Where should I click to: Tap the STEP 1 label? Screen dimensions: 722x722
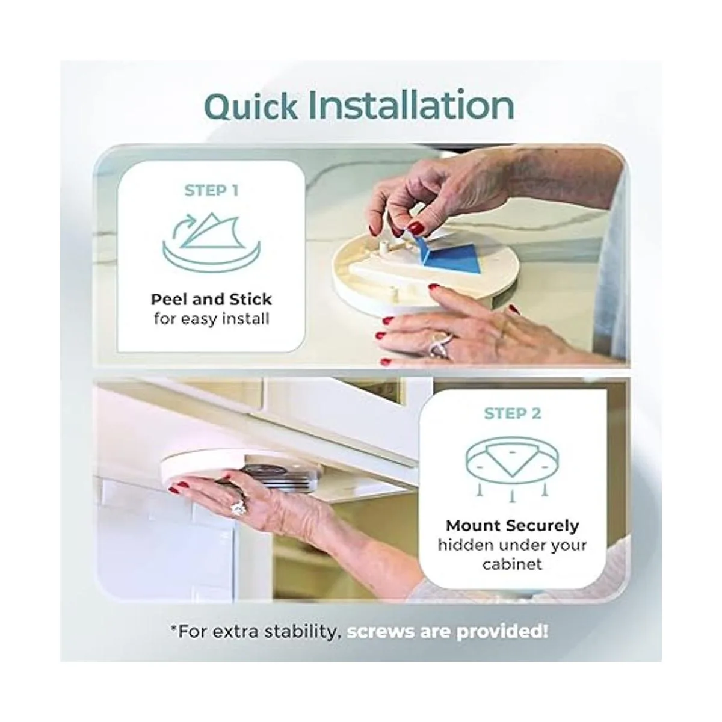pyautogui.click(x=211, y=191)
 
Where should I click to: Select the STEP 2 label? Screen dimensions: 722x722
pyautogui.click(x=513, y=413)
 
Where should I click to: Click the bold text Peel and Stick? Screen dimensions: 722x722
pyautogui.click(x=211, y=300)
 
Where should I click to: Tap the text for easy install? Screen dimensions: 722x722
pyautogui.click(x=211, y=319)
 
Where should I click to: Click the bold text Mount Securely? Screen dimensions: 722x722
pyautogui.click(x=512, y=526)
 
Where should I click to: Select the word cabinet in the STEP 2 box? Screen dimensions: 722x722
pyautogui.click(x=512, y=564)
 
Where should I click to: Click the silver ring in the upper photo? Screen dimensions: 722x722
pyautogui.click(x=440, y=345)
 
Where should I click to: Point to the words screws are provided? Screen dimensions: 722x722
pyautogui.click(x=447, y=632)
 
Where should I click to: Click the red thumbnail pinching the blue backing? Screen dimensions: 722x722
pyautogui.click(x=416, y=227)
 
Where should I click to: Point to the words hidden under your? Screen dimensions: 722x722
pyautogui.click(x=512, y=546)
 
